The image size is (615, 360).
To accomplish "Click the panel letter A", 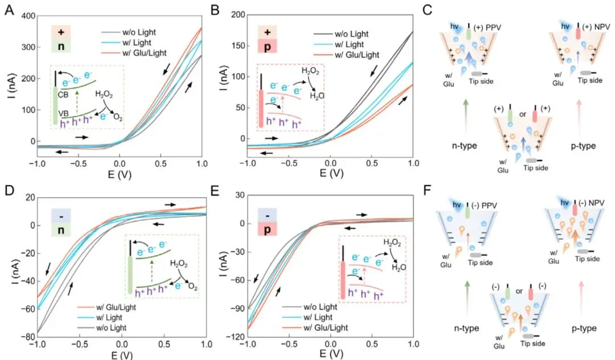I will (x=10, y=10).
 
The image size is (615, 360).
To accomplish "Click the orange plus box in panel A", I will (x=61, y=32).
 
